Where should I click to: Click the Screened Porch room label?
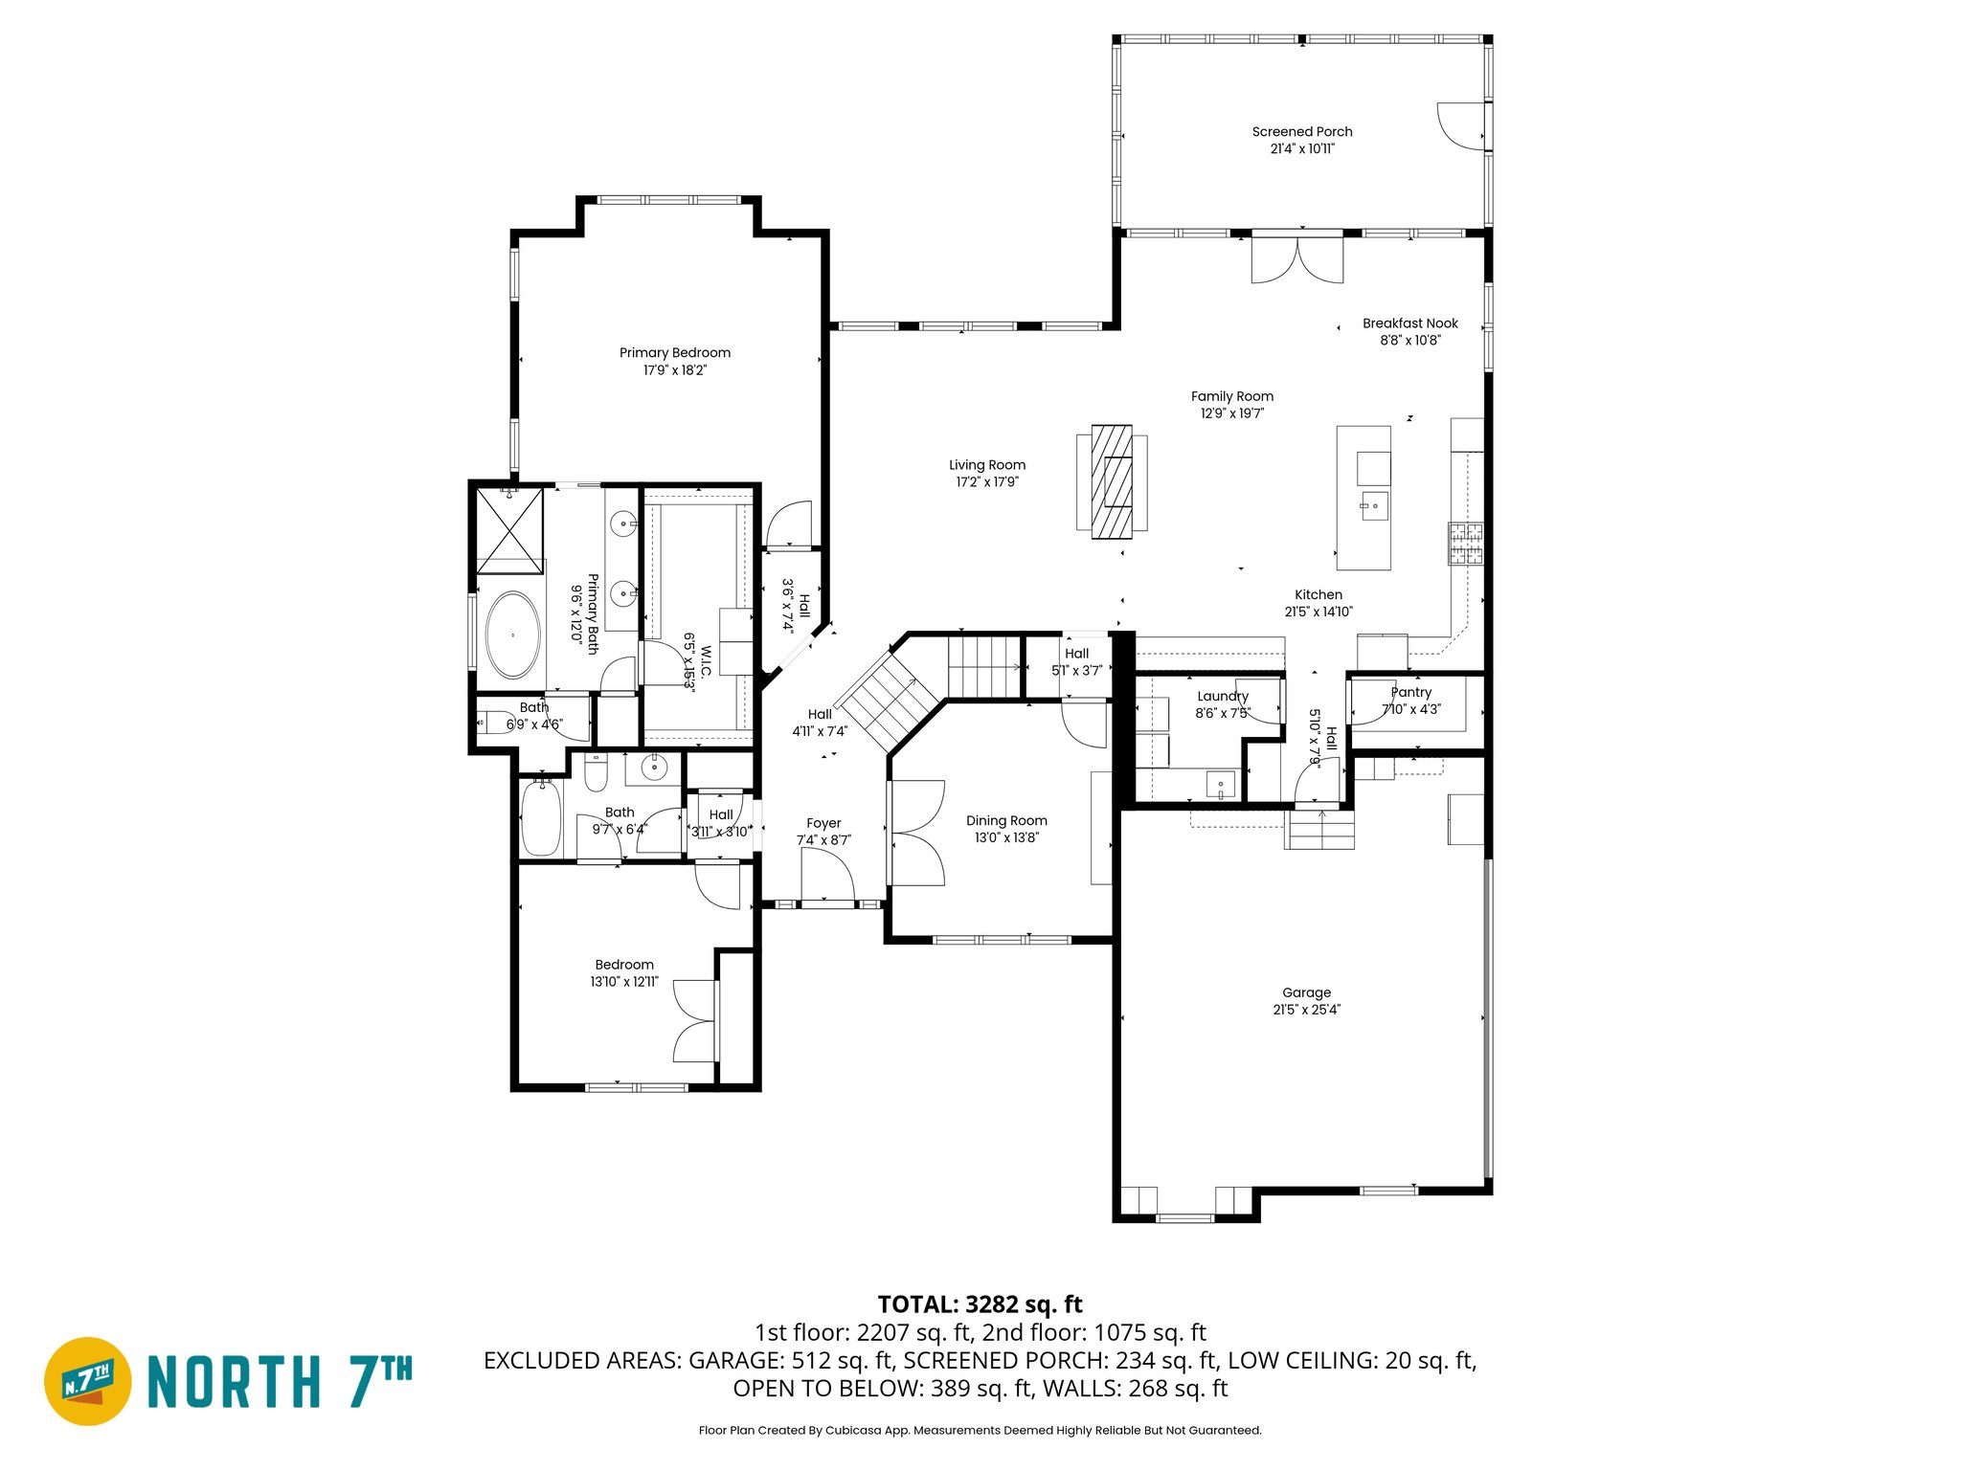1301,132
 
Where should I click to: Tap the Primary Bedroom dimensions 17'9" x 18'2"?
674,370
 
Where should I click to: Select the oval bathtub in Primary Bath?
513,635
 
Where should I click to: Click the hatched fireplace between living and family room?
1112,481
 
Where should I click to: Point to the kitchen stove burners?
1465,544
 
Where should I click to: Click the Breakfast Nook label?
1409,323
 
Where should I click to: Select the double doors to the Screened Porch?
1297,260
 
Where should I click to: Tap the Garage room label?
1306,992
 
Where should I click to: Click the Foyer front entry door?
826,877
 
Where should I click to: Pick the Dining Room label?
1005,820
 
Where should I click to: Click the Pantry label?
1410,692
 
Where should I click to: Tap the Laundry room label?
1222,696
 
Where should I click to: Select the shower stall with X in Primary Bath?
509,529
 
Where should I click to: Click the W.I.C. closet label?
706,661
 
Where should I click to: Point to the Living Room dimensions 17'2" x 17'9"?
986,482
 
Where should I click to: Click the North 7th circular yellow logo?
87,1381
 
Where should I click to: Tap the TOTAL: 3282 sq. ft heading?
980,1304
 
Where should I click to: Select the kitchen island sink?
1374,505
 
